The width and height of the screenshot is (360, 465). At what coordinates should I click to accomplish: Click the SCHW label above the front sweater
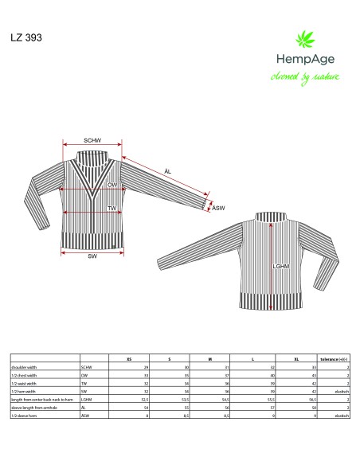point(92,140)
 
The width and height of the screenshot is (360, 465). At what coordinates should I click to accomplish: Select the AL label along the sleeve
point(166,171)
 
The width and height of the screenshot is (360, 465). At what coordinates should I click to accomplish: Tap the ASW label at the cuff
point(218,208)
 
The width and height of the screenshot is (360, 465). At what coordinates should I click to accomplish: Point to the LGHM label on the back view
point(280,267)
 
